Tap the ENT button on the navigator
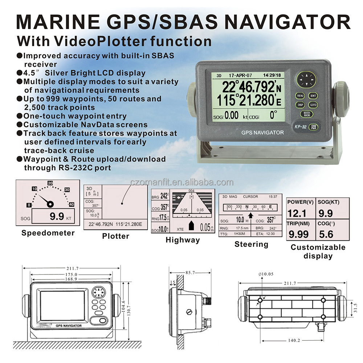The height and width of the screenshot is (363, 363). [313, 95]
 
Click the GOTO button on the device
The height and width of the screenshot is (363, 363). [313, 105]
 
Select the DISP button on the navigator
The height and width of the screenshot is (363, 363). [300, 105]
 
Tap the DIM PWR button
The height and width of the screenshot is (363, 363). [314, 127]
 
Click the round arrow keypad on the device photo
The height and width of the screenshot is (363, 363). [306, 79]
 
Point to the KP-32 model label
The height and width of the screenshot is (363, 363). [301, 127]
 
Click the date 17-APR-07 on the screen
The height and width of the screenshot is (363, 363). [240, 76]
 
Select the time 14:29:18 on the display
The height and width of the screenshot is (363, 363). [272, 75]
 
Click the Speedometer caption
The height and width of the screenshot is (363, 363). [48, 233]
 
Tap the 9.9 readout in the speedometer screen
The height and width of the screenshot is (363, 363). [57, 216]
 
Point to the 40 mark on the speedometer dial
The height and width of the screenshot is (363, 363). [72, 205]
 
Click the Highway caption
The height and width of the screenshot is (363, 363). [183, 240]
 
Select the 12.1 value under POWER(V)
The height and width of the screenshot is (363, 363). [297, 213]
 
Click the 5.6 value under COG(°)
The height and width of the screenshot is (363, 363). [326, 234]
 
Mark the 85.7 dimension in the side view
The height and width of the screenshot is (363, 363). [190, 273]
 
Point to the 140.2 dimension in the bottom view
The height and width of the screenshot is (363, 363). [294, 340]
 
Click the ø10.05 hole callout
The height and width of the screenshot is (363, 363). [266, 274]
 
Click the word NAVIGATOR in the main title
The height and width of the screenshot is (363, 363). [287, 22]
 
